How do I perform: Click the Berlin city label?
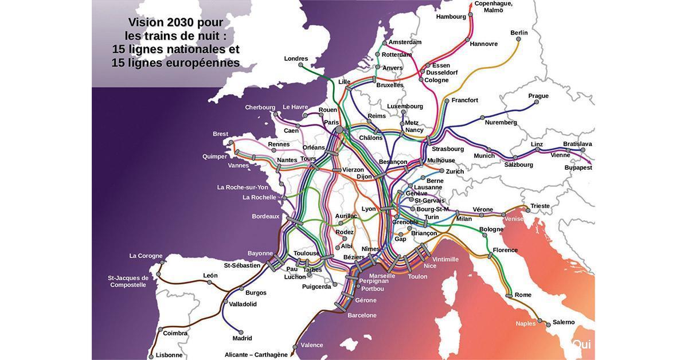[519, 33]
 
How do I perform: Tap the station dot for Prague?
[537, 103]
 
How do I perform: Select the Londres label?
[296, 58]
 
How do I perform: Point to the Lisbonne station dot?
[151, 356]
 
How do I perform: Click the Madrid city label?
[242, 338]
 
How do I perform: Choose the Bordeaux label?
[265, 216]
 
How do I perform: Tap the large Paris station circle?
[339, 130]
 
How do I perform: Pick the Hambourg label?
[451, 17]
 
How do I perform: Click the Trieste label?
[540, 206]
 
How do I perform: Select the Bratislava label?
[577, 144]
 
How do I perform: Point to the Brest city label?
[220, 134]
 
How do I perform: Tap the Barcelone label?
[362, 315]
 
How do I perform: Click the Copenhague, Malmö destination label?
[493, 7]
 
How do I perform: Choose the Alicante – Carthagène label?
[256, 355]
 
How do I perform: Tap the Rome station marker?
[509, 295]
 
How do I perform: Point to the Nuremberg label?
[501, 122]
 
